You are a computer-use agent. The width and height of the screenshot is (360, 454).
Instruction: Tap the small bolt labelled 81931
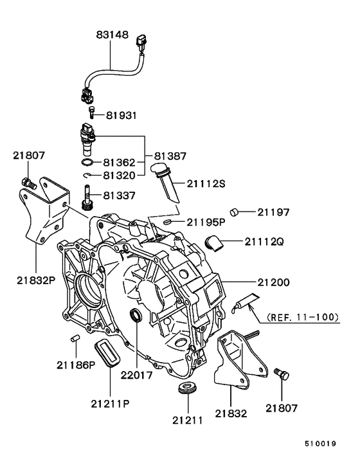pyautogui.click(x=92, y=114)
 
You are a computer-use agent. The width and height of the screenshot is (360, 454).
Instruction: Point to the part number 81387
pyautogui.click(x=170, y=156)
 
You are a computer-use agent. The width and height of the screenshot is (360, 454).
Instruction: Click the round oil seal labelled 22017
pyautogui.click(x=136, y=315)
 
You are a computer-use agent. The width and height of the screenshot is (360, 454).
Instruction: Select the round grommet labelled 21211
pyautogui.click(x=187, y=389)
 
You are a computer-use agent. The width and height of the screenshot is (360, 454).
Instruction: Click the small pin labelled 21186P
pyautogui.click(x=74, y=338)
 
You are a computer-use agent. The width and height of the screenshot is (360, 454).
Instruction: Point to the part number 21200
pyautogui.click(x=273, y=282)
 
